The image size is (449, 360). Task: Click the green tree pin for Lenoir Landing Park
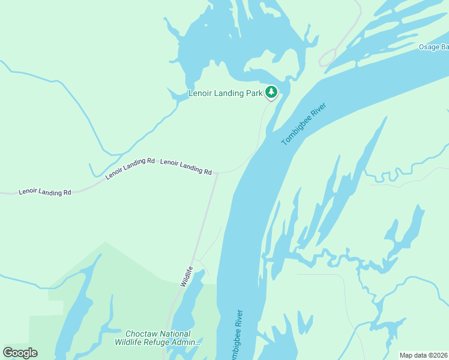(x=271, y=92)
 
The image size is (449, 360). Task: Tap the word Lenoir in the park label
(x=202, y=94)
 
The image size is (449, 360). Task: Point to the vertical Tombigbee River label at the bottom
(x=236, y=336)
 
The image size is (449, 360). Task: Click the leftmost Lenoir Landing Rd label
(x=45, y=192)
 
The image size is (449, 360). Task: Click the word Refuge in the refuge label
(x=157, y=343)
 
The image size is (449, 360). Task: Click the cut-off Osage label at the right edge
(x=433, y=47)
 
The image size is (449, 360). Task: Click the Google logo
(x=20, y=353)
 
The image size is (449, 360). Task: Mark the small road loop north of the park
(x=327, y=58)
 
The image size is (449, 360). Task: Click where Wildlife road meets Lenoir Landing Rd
(x=216, y=173)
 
